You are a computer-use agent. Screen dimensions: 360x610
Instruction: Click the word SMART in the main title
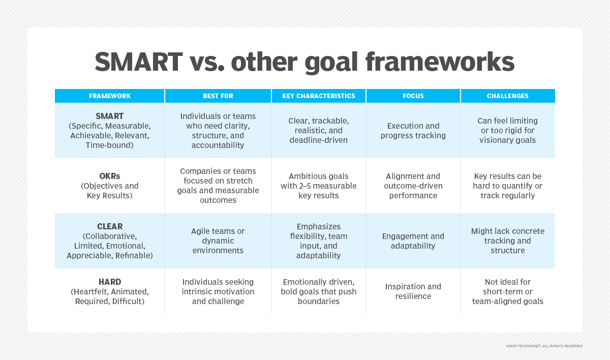pyautogui.click(x=138, y=63)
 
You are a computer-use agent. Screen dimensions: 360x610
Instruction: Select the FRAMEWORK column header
pyautogui.click(x=110, y=96)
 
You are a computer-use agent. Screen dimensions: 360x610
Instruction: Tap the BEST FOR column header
pyautogui.click(x=218, y=96)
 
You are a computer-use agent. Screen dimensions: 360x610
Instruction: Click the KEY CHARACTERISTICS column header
pyautogui.click(x=319, y=96)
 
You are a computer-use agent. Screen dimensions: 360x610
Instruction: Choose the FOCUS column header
pyautogui.click(x=413, y=96)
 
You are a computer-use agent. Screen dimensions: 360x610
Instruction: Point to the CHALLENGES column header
pyautogui.click(x=507, y=96)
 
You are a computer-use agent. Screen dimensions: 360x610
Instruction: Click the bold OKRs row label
pyautogui.click(x=110, y=176)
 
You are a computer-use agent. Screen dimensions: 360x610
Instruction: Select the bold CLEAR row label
pyautogui.click(x=110, y=226)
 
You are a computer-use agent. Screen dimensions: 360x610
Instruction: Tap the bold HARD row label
pyautogui.click(x=110, y=282)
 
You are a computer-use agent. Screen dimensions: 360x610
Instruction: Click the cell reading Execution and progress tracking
pyautogui.click(x=413, y=131)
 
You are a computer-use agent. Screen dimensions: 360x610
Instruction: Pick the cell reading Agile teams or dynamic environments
pyautogui.click(x=218, y=241)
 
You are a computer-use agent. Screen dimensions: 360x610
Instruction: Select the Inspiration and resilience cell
pyautogui.click(x=413, y=291)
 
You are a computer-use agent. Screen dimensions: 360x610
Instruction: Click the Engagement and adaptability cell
pyautogui.click(x=413, y=241)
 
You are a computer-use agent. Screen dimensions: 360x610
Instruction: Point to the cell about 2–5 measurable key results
pyautogui.click(x=319, y=186)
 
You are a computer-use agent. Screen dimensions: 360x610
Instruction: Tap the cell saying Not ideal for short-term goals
pyautogui.click(x=507, y=291)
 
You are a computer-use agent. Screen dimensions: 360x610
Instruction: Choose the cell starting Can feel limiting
pyautogui.click(x=507, y=131)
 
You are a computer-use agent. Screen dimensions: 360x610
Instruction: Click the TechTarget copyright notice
pyautogui.click(x=544, y=346)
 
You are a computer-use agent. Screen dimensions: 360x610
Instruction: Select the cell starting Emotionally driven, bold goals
pyautogui.click(x=319, y=291)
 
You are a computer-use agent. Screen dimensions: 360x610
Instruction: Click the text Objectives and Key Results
pyautogui.click(x=110, y=191)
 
